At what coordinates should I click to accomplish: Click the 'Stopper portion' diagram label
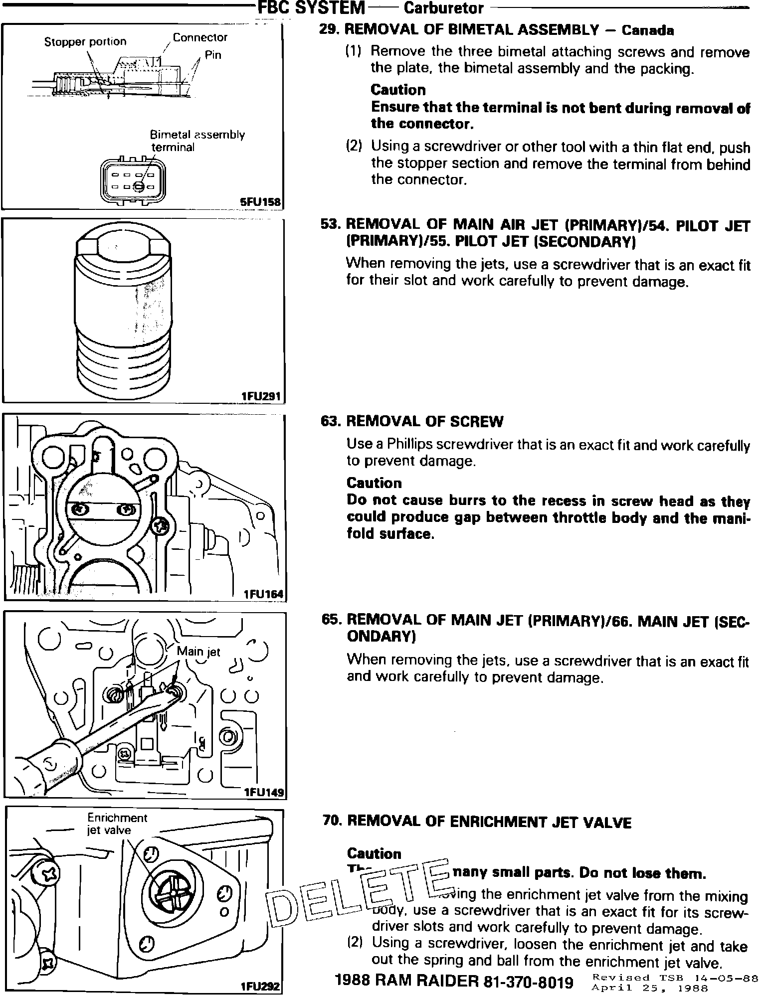click(x=85, y=42)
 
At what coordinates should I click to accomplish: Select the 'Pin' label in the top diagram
click(x=213, y=55)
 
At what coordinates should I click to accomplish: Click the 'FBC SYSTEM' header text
click(x=312, y=7)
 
